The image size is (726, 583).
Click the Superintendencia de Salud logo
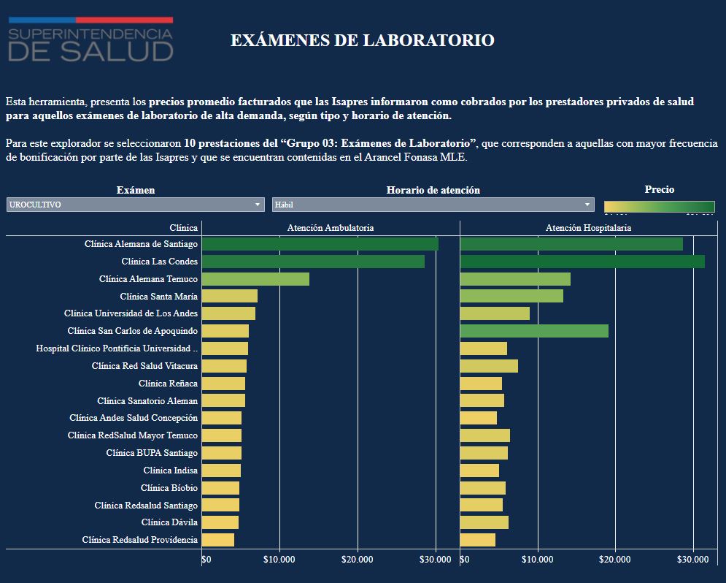(90, 39)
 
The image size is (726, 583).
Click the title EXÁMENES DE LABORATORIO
(362, 40)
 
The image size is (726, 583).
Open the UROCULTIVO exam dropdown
(135, 205)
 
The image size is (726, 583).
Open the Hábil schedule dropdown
(433, 205)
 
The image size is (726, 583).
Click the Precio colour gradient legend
(659, 206)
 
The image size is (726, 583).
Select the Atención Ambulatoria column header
(331, 228)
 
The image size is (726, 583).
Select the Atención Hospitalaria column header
(588, 228)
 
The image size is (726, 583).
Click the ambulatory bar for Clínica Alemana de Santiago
(320, 244)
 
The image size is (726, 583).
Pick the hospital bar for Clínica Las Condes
(582, 262)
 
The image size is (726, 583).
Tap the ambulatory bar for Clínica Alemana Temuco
(255, 279)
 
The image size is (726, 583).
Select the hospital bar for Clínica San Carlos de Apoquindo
(534, 331)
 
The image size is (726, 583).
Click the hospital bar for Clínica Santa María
(511, 296)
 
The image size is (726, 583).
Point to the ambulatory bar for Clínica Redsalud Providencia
(218, 540)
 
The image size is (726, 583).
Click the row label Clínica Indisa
(170, 470)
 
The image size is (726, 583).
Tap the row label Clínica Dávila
(169, 522)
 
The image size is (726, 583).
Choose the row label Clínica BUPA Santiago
(152, 453)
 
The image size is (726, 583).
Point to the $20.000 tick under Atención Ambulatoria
(357, 560)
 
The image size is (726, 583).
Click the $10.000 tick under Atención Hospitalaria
(537, 560)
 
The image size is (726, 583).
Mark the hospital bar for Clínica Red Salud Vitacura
(489, 366)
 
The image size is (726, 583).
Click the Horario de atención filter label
(433, 190)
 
